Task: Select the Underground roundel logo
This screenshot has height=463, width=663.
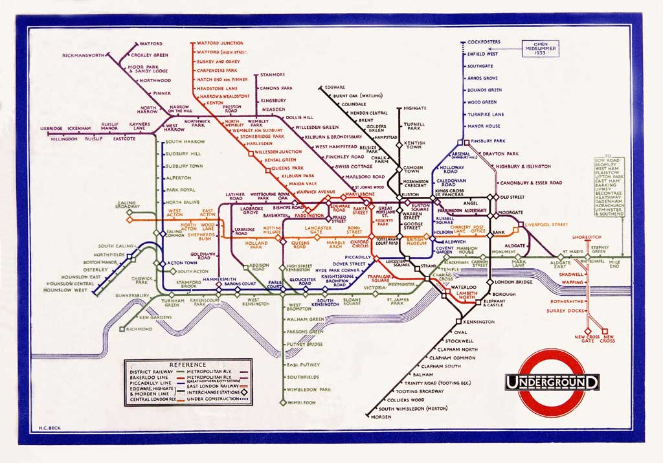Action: tap(552, 382)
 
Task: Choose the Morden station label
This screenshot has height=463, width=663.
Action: tap(381, 416)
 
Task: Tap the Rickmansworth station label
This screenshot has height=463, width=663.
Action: tap(83, 56)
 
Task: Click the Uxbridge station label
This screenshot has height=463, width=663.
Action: tap(52, 128)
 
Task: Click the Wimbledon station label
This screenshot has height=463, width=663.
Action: tap(301, 402)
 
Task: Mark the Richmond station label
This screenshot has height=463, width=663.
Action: tap(139, 329)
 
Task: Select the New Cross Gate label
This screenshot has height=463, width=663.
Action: tap(587, 338)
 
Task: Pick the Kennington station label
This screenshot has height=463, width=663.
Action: tap(478, 321)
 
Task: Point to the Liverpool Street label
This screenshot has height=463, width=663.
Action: tap(546, 225)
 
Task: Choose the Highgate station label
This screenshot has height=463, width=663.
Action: tap(414, 108)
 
